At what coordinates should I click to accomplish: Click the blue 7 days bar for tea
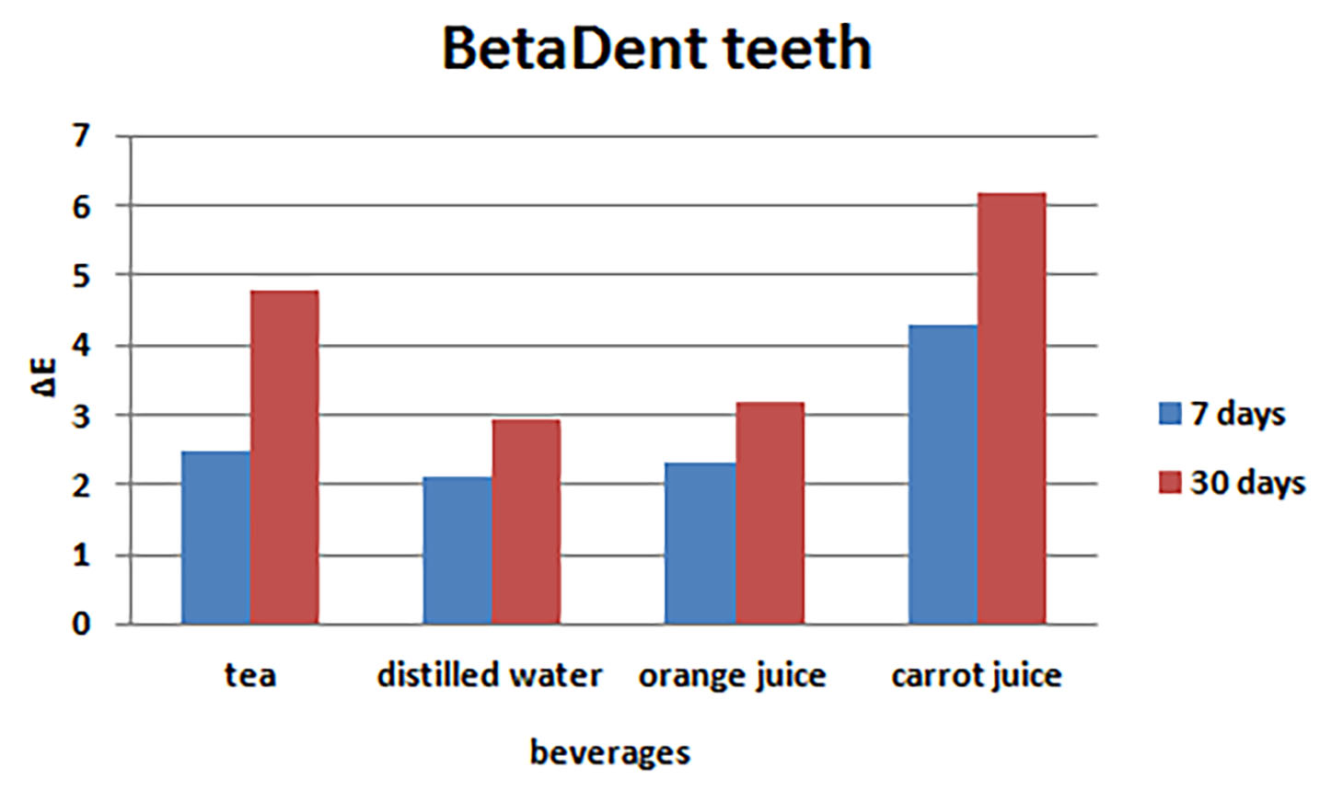point(215,537)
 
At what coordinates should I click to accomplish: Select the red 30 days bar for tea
point(284,457)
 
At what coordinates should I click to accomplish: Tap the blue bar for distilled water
point(457,550)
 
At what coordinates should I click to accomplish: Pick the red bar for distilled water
point(526,521)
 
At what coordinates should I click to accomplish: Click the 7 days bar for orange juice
point(700,543)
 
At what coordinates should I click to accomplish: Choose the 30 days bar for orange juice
point(770,513)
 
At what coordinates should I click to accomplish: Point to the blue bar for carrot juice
point(943,475)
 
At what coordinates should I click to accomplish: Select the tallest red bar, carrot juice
point(1012,408)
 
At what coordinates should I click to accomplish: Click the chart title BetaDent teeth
point(656,48)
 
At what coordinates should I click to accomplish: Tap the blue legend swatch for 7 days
point(1169,413)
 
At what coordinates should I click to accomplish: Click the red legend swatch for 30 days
point(1169,482)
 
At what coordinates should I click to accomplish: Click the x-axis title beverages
point(609,752)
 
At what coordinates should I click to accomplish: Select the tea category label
point(250,675)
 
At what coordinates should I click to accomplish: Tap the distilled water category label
point(490,675)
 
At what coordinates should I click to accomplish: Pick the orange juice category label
point(733,676)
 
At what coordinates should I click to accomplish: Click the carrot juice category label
point(977,676)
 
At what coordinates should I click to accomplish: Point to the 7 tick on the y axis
point(82,136)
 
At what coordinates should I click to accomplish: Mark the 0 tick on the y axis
point(82,624)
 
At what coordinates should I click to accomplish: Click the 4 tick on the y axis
point(82,346)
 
